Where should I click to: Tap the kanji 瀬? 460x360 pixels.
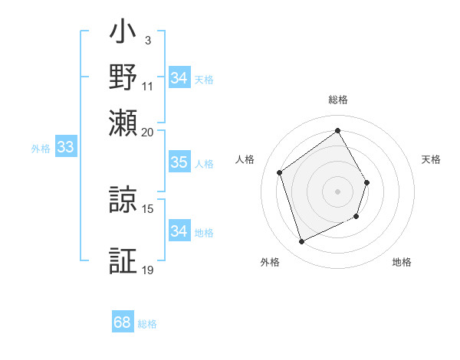123,123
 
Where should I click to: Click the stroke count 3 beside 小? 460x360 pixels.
147,40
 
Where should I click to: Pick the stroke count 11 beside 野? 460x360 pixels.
148,86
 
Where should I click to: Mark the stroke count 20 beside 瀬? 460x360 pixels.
148,131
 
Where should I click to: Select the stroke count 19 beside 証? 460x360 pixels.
148,270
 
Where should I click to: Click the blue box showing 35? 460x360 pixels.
179,162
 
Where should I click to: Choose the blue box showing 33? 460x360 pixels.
64,148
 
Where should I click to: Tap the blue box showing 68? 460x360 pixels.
123,322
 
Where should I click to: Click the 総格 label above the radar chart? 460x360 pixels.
338,100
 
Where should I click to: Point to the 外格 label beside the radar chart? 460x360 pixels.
270,262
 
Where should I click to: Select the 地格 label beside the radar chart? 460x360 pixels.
402,262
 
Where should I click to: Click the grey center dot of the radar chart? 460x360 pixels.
337,191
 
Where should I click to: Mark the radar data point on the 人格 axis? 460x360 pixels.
280,172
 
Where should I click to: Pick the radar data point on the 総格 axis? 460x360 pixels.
337,130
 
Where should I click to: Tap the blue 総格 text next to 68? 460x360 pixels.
147,324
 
